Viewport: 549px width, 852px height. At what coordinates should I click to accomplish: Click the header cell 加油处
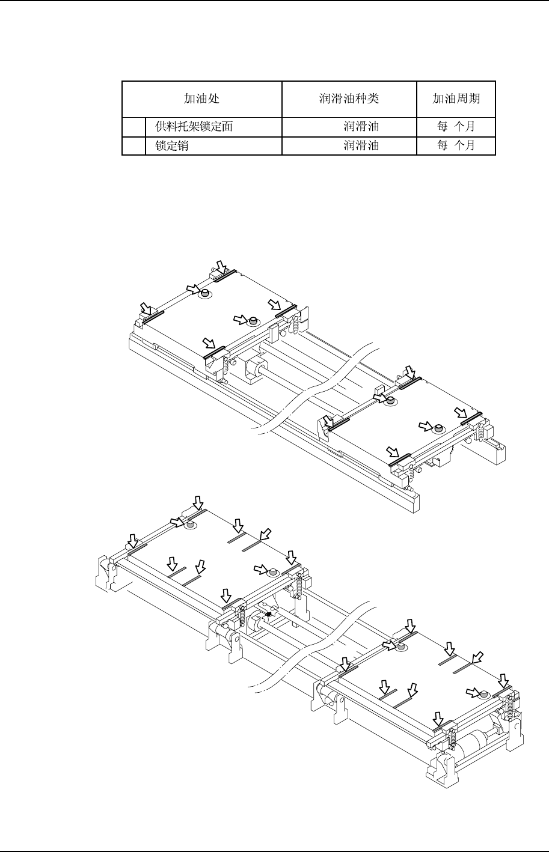[201, 99]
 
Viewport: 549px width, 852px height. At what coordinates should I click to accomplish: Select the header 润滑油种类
[349, 99]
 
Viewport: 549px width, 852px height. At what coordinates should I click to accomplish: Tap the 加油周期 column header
[456, 99]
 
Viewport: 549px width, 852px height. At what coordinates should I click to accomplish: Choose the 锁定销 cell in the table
[171, 145]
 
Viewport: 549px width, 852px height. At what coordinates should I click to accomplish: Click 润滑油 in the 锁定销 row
[361, 145]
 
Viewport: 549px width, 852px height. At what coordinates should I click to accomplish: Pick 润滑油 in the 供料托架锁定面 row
[361, 127]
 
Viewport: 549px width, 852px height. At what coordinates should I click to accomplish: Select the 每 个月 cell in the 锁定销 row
[456, 145]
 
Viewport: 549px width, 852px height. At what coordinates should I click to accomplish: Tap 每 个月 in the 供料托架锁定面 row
[456, 127]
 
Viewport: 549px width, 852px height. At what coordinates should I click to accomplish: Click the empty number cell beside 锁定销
[133, 145]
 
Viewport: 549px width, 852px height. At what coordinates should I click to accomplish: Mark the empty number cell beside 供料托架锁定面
[133, 127]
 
